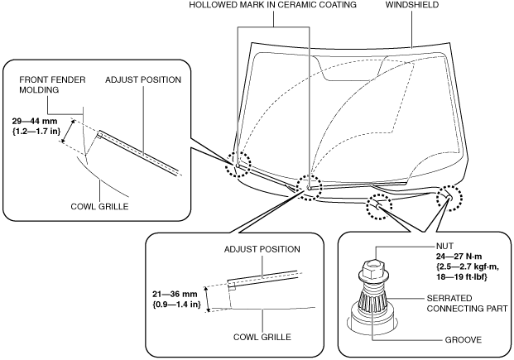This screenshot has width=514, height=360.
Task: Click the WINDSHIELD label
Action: pos(411,5)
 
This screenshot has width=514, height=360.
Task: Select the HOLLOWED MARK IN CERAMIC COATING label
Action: pos(273,5)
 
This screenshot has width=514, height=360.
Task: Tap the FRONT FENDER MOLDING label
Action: pos(52,84)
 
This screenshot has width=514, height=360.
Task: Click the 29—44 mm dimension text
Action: pos(35,121)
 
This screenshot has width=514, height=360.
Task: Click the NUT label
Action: pos(444,246)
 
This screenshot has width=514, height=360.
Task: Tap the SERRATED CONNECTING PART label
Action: pos(467,303)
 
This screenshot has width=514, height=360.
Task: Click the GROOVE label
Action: pos(464,339)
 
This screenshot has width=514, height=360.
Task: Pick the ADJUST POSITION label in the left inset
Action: pos(143,79)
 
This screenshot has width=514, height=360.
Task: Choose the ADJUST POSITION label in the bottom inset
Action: pos(262,249)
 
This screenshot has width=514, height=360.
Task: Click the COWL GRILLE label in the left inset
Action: pos(99,206)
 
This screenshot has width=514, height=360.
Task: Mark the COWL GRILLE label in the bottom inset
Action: pos(262,337)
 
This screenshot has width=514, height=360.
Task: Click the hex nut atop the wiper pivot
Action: pos(372,268)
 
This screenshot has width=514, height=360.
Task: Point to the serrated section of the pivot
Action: pos(373,300)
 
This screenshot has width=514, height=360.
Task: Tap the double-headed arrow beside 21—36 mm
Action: pos(207,300)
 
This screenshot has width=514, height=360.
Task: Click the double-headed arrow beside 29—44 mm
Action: pos(68,132)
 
